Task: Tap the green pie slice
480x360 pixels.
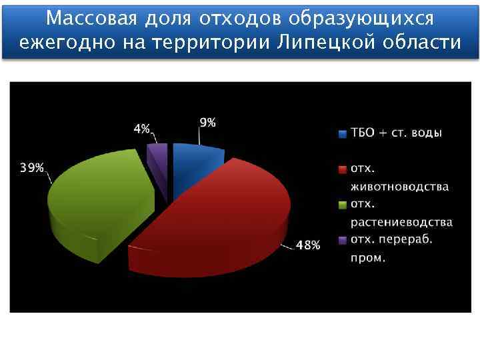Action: [100, 200]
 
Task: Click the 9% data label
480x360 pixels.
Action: [207, 123]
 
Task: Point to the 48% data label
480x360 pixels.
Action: [307, 245]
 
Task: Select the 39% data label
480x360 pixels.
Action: [31, 168]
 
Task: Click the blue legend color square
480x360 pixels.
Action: [343, 133]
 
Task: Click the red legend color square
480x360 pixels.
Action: [343, 169]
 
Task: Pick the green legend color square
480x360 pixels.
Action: [343, 205]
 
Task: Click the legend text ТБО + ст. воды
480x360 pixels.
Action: [396, 133]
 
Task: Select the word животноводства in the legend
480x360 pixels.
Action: [399, 187]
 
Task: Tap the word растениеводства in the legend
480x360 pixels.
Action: [401, 222]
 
